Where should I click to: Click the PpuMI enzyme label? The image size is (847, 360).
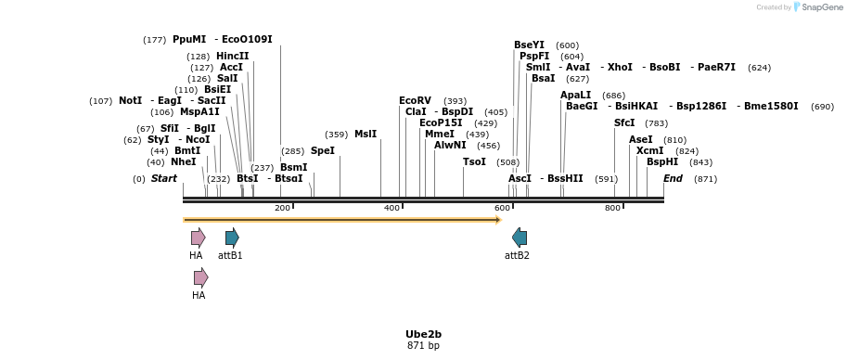(189, 40)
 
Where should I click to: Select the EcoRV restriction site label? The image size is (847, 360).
(415, 100)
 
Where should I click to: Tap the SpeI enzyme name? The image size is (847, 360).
(322, 150)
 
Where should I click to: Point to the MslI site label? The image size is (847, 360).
(366, 134)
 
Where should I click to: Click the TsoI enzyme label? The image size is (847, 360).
(474, 161)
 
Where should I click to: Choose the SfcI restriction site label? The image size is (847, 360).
(624, 122)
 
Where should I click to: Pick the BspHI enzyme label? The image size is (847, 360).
(662, 161)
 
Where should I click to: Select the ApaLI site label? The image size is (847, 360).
(575, 95)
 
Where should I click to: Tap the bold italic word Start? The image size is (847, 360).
(164, 178)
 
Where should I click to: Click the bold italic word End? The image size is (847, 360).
(673, 178)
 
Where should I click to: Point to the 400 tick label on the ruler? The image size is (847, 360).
(391, 208)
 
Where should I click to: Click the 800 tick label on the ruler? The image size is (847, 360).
(612, 208)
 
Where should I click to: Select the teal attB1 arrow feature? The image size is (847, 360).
(232, 238)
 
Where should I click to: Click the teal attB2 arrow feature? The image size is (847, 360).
(520, 238)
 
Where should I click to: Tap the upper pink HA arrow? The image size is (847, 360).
(198, 238)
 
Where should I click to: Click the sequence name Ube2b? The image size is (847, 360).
(423, 334)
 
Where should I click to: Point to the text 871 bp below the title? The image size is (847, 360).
(423, 346)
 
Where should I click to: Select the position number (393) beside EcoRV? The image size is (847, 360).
(455, 101)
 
